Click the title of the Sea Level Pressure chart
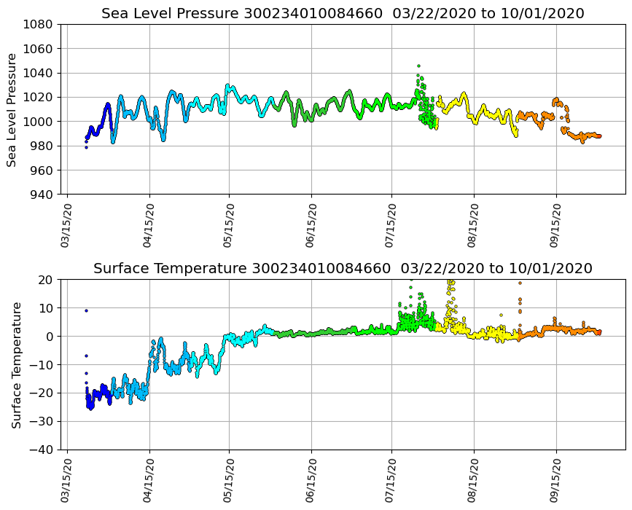pyautogui.click(x=343, y=13)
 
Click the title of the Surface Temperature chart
pyautogui.click(x=343, y=268)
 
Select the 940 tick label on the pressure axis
pyautogui.click(x=41, y=195)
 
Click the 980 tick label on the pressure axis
pyautogui.click(x=41, y=146)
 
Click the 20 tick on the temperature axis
pyautogui.click(x=46, y=279)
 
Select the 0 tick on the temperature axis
pyautogui.click(x=49, y=336)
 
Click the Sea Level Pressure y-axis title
pyautogui.click(x=12, y=109)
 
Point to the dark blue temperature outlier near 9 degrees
pyautogui.click(x=86, y=310)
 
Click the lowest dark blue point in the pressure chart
pyautogui.click(x=86, y=147)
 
